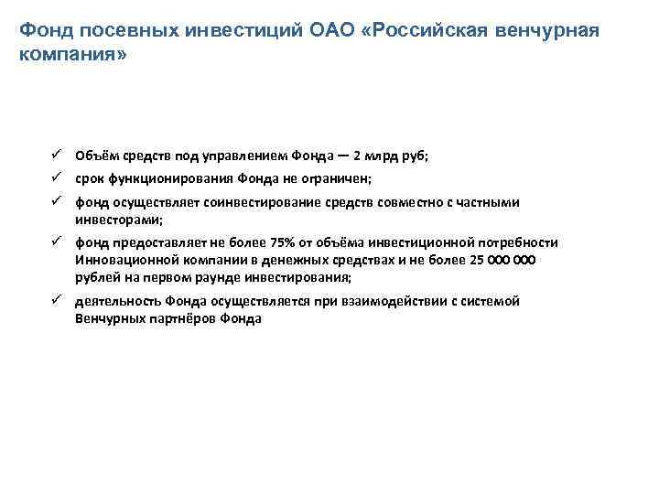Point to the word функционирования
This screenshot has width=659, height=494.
[169, 180]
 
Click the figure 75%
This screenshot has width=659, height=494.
[283, 242]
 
